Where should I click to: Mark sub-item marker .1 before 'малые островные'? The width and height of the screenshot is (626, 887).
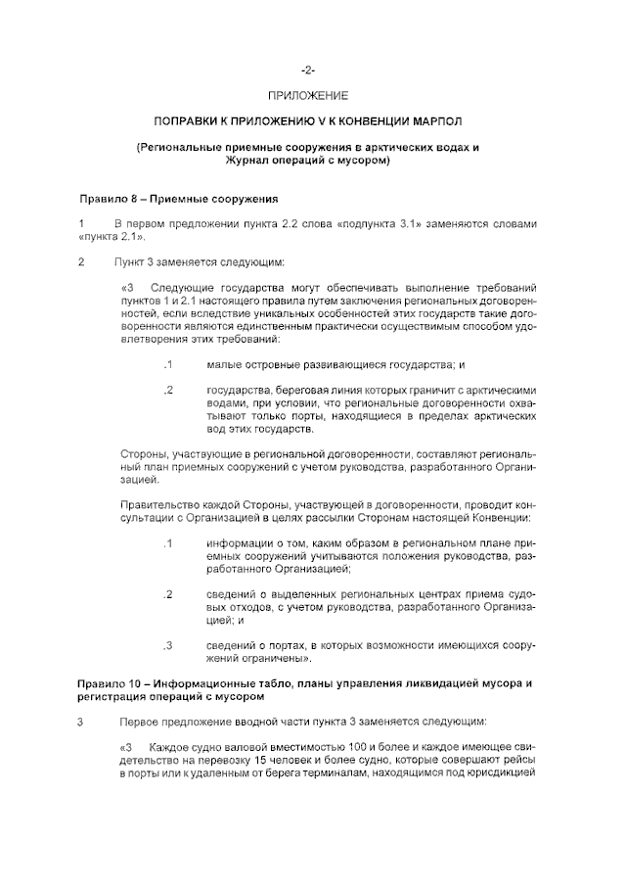[168, 364]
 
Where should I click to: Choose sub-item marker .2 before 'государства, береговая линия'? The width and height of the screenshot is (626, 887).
[168, 391]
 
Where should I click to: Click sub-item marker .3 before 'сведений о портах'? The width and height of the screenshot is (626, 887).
[168, 645]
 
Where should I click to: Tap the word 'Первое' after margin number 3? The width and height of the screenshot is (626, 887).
[138, 723]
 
